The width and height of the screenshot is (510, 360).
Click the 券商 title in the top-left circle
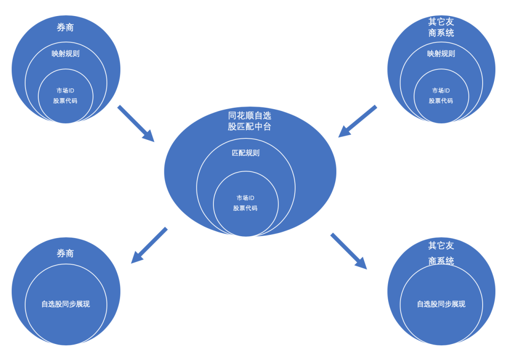click(x=65, y=28)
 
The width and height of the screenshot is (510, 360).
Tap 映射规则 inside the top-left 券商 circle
click(x=66, y=54)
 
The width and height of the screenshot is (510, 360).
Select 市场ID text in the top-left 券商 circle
click(x=65, y=90)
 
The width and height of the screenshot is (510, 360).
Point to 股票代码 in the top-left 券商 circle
click(x=65, y=101)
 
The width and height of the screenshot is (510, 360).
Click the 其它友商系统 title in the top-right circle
click(x=441, y=27)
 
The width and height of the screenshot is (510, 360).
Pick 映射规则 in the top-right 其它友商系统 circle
click(x=441, y=54)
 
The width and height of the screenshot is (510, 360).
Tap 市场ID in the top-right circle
click(x=441, y=90)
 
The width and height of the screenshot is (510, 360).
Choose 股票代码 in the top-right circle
click(x=441, y=101)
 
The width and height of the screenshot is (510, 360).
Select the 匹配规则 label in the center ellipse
click(x=246, y=153)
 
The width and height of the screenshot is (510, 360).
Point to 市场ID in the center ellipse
click(x=246, y=198)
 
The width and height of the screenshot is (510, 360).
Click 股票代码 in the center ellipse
click(x=246, y=208)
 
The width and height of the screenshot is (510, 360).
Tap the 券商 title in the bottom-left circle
click(x=65, y=254)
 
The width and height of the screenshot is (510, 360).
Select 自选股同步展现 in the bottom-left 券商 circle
click(x=66, y=304)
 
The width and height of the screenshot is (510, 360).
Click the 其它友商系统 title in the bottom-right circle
click(x=441, y=253)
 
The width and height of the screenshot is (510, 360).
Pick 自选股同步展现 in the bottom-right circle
click(x=441, y=304)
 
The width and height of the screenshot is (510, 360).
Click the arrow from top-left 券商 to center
click(x=136, y=123)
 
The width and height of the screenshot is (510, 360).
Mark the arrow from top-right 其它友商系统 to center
click(x=357, y=121)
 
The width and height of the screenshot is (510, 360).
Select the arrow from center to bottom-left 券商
click(x=149, y=245)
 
